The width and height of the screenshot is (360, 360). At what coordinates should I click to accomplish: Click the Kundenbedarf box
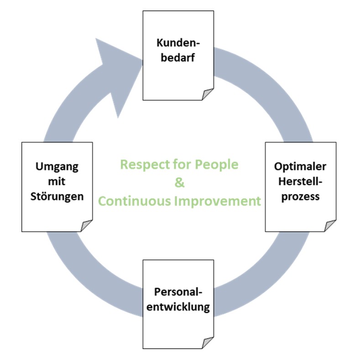178,55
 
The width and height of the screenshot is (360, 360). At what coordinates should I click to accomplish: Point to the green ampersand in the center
179,183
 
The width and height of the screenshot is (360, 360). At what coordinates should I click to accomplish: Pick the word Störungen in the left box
57,197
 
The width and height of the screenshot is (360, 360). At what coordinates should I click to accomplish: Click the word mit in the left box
57,182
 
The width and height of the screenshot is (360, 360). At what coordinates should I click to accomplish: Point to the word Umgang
57,167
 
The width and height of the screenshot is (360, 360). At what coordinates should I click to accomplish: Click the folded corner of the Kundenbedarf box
208,94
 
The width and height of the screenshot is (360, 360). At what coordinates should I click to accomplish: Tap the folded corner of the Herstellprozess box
330,225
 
